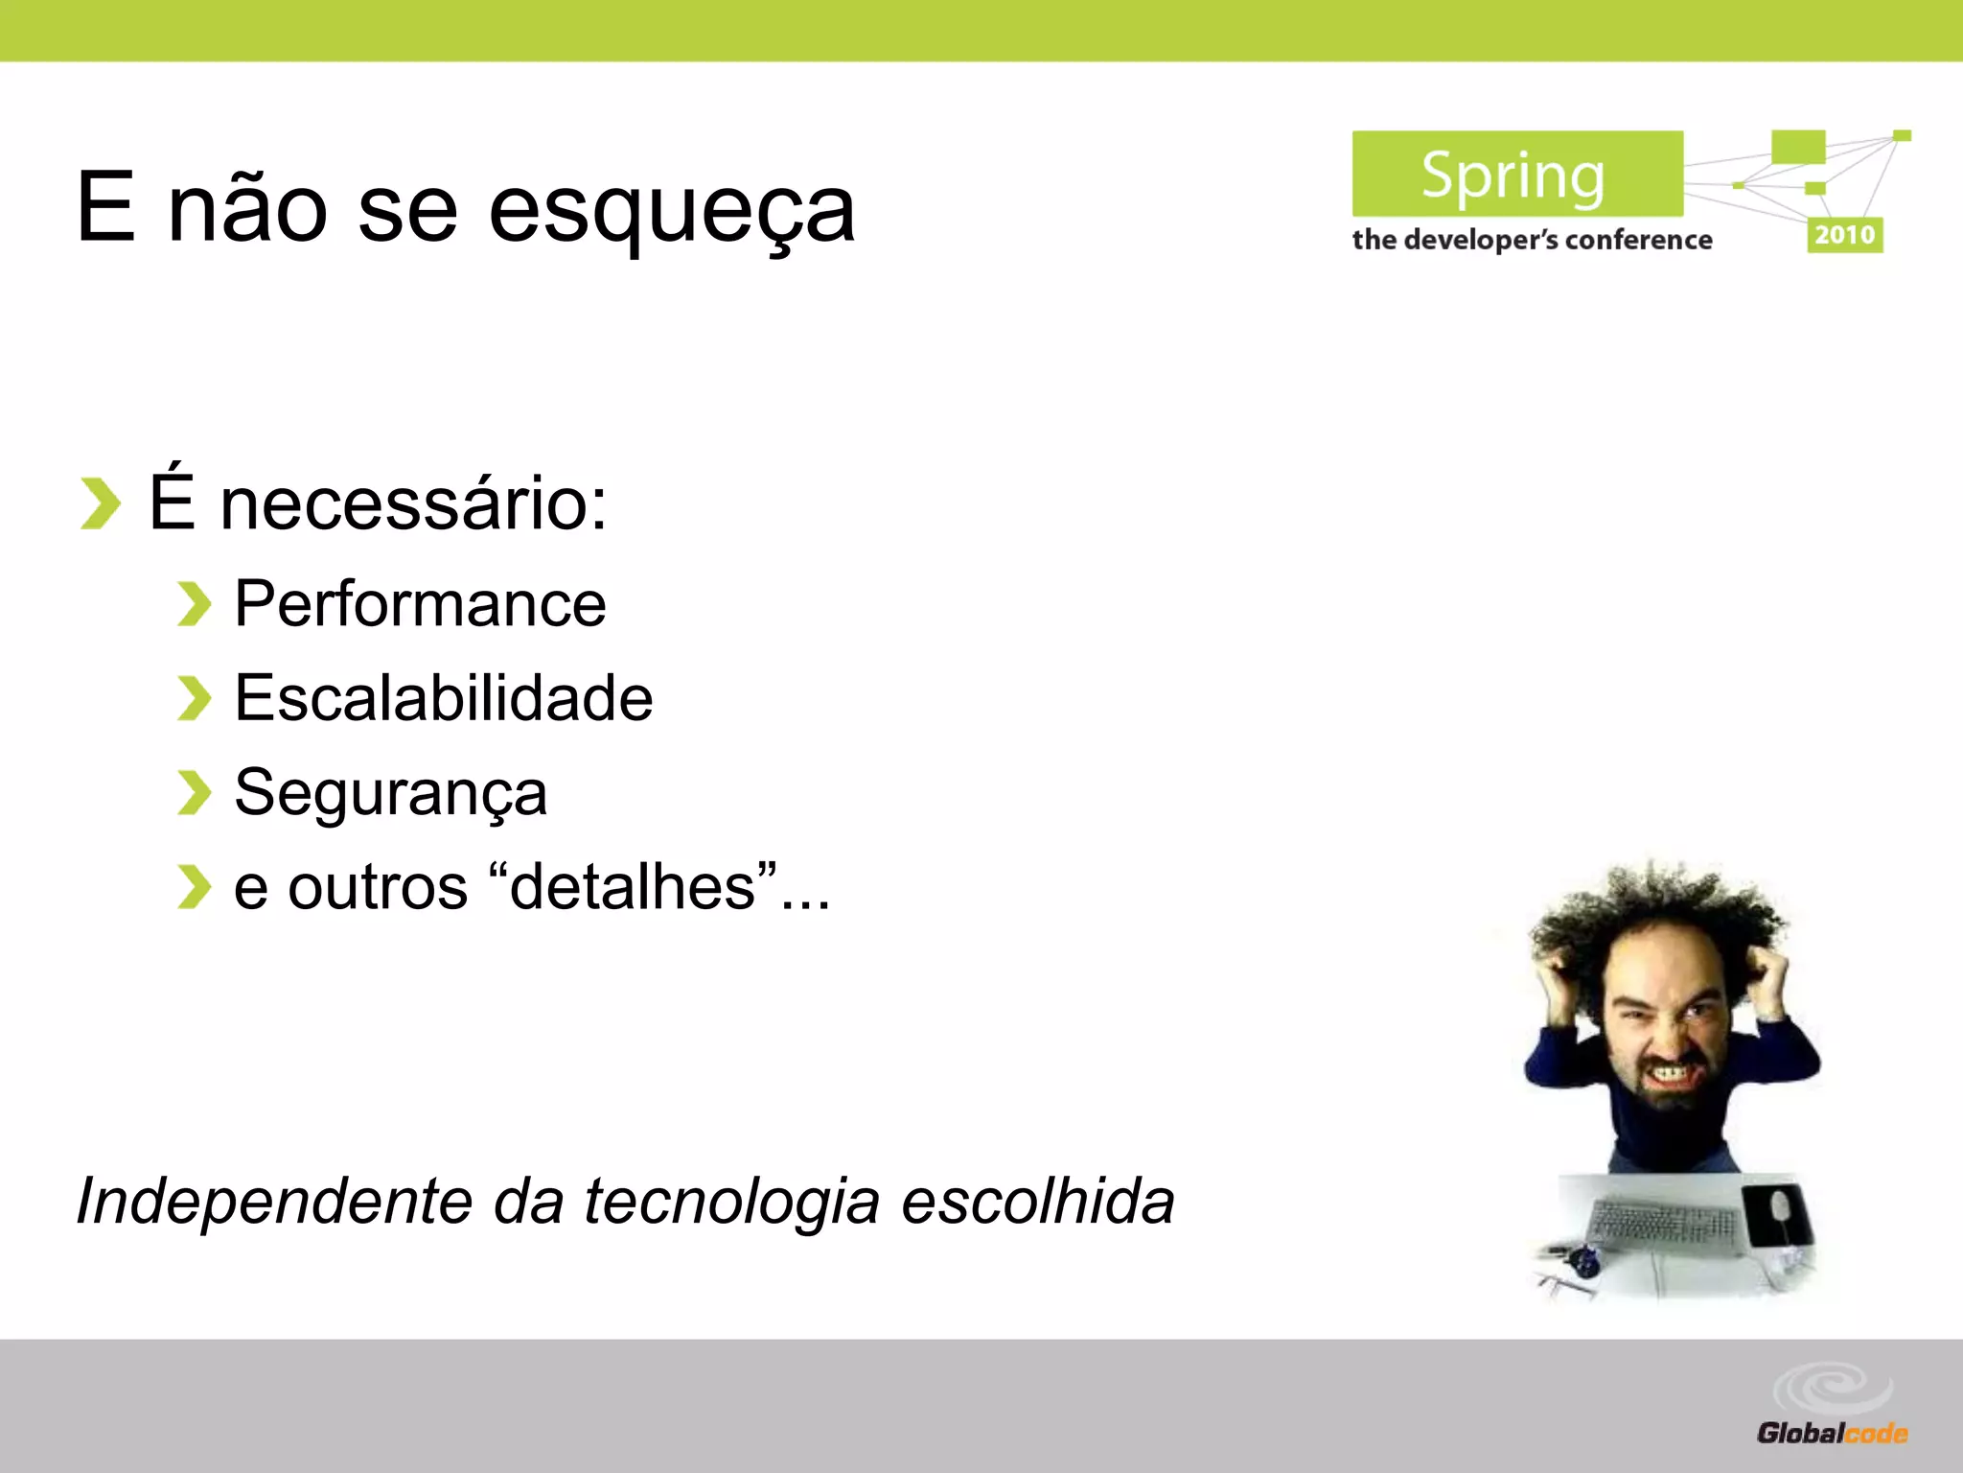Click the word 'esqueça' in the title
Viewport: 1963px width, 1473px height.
pyautogui.click(x=671, y=211)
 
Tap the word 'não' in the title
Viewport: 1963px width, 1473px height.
pyautogui.click(x=247, y=209)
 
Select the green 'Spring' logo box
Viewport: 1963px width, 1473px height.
pyautogui.click(x=1516, y=175)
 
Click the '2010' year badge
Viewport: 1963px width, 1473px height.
pyautogui.click(x=1844, y=235)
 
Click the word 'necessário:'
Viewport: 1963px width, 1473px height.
pyautogui.click(x=413, y=504)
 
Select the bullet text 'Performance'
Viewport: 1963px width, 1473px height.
pyautogui.click(x=420, y=604)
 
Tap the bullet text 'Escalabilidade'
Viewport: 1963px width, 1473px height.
pyautogui.click(x=443, y=698)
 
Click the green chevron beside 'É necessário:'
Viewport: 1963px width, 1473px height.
pyautogui.click(x=100, y=503)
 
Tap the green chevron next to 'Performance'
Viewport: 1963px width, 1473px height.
pyautogui.click(x=194, y=604)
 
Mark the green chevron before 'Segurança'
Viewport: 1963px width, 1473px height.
pyautogui.click(x=194, y=793)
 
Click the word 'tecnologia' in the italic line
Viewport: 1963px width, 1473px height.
pyautogui.click(x=731, y=1203)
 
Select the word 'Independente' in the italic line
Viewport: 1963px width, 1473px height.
pyautogui.click(x=274, y=1201)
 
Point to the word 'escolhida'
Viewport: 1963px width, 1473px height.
pyautogui.click(x=1037, y=1201)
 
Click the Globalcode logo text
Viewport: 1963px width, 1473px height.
pyautogui.click(x=1831, y=1434)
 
